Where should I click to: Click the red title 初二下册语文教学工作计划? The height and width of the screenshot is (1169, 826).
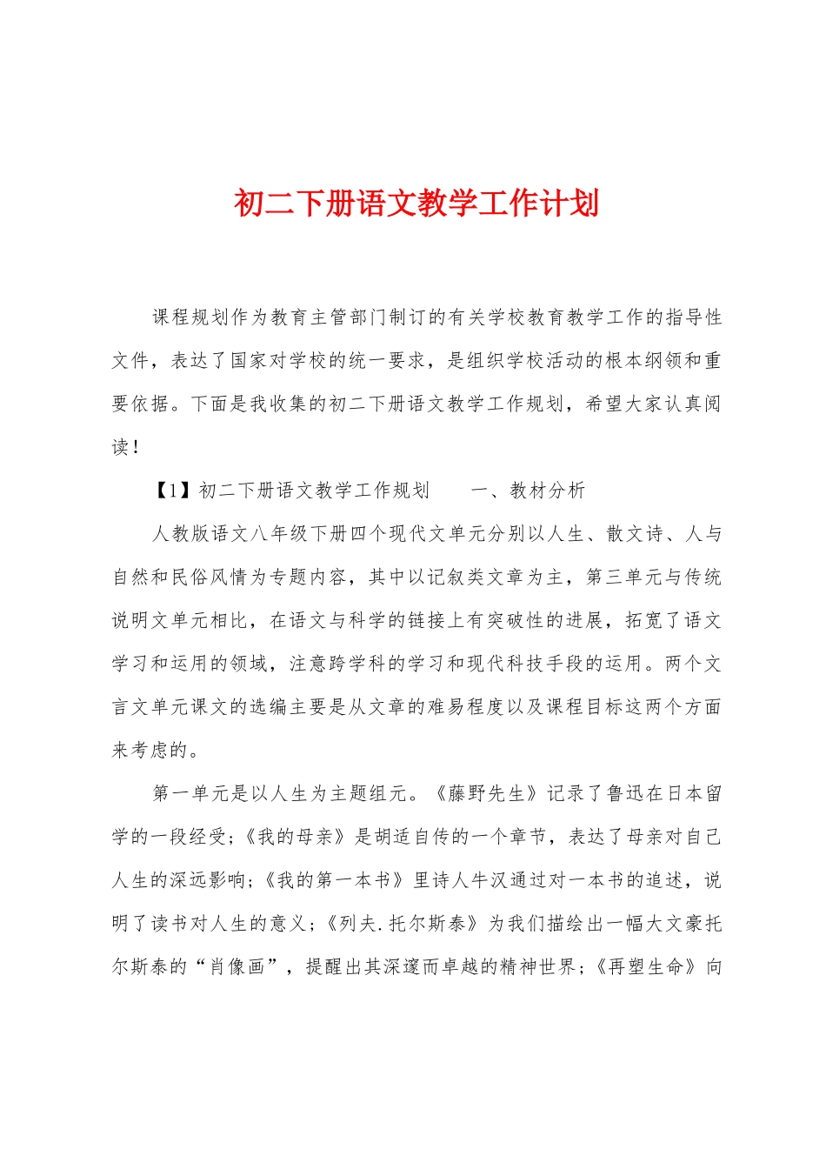(x=416, y=204)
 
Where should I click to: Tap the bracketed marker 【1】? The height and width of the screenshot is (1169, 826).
(x=171, y=491)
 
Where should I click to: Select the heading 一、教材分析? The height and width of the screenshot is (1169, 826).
(x=529, y=491)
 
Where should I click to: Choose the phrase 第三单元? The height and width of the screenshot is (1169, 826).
(x=616, y=577)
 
